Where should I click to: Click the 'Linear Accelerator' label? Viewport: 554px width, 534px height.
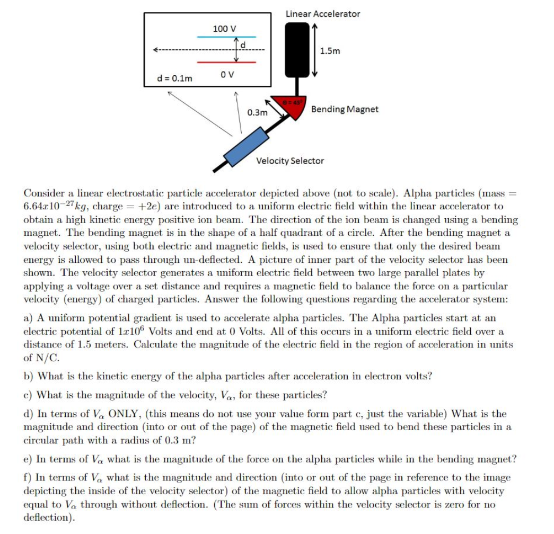[322, 14]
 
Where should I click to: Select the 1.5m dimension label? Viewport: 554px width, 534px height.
[330, 51]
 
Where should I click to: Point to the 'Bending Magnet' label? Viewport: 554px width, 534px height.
[345, 109]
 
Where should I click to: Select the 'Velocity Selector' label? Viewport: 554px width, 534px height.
[290, 161]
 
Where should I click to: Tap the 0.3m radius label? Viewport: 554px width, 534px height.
[257, 112]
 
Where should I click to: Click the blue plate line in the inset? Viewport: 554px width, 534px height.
[226, 37]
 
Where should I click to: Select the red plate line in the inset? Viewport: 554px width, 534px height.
[226, 62]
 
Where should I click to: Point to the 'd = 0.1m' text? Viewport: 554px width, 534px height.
[174, 78]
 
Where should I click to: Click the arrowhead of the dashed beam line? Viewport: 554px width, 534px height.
[156, 50]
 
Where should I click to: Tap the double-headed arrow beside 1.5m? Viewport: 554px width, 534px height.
[314, 51]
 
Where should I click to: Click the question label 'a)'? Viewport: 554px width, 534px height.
[29, 318]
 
